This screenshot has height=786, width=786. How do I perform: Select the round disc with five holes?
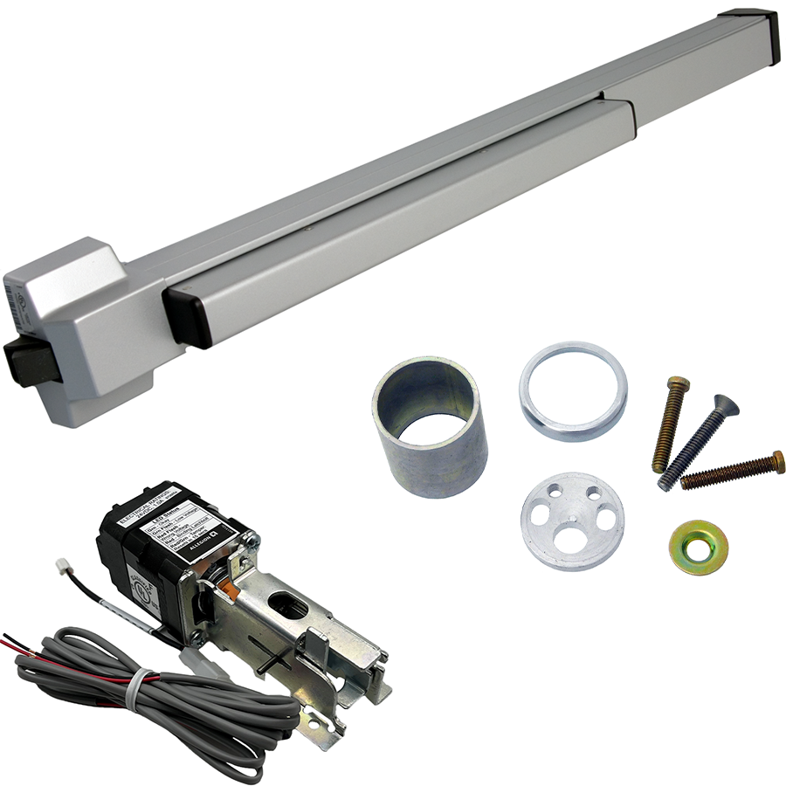pos(572,521)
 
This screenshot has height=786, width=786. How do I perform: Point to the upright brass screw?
pos(671,424)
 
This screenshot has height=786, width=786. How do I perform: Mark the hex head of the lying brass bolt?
pos(776,460)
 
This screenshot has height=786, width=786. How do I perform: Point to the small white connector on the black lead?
pos(64,567)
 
